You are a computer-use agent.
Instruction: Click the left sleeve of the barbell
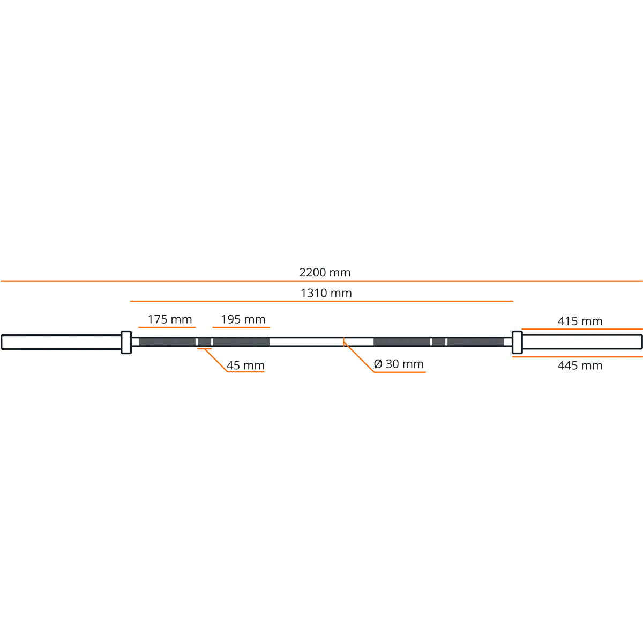[60, 342]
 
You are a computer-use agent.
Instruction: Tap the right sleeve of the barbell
[582, 342]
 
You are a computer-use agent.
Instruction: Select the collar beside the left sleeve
[126, 342]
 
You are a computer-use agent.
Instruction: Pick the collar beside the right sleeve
[517, 342]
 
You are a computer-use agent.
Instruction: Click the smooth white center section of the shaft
[322, 341]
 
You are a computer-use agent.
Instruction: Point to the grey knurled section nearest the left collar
[167, 341]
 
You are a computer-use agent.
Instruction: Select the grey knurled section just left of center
[241, 341]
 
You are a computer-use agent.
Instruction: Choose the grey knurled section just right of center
[402, 341]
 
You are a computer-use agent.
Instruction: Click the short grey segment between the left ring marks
[204, 341]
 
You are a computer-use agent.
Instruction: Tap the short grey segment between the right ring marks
[438, 341]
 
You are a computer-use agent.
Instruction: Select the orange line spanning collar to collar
[322, 302]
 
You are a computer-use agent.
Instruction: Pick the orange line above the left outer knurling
[167, 327]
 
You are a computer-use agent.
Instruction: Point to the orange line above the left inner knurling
[241, 327]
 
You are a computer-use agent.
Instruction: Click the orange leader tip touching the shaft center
[344, 340]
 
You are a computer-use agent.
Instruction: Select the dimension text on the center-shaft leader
[399, 364]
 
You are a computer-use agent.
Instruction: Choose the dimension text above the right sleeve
[581, 321]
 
